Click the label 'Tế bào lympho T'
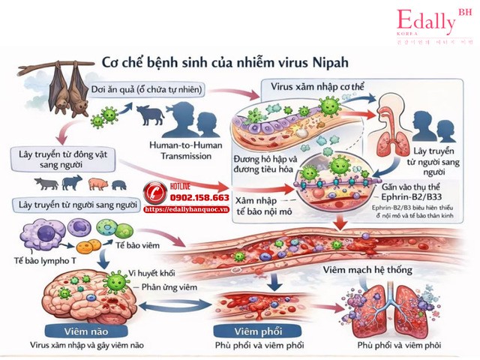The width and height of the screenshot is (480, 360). (x=38, y=257)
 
